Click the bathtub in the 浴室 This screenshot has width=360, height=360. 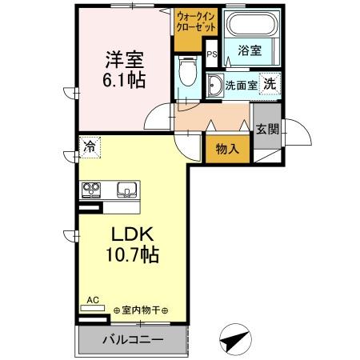pos(250,25)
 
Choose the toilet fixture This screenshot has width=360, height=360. pos(187,74)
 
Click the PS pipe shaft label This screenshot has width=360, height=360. pos(212,54)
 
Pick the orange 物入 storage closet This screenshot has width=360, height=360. pos(220,148)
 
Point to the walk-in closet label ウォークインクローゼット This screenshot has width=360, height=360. pos(196,21)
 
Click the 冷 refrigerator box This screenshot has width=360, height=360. pos(90,147)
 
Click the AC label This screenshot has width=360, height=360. pos(92,301)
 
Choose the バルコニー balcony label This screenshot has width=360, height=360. pos(133,340)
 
